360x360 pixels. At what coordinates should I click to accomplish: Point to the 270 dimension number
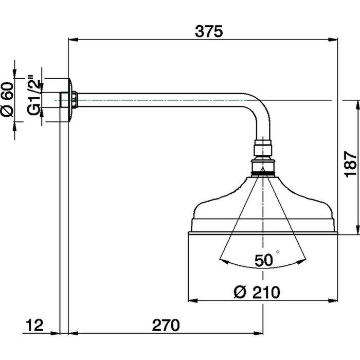pyautogui.click(x=166, y=325)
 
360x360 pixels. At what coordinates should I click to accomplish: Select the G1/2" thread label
pyautogui.click(x=34, y=96)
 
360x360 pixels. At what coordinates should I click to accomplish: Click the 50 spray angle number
pyautogui.click(x=263, y=261)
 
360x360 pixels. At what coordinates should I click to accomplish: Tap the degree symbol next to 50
pyautogui.click(x=278, y=252)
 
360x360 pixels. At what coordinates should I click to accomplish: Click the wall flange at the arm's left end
pyautogui.click(x=69, y=100)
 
